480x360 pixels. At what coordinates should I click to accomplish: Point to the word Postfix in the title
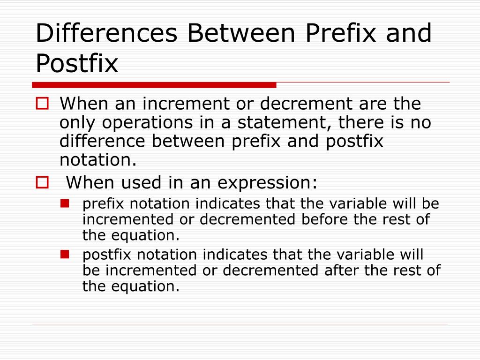[77, 64]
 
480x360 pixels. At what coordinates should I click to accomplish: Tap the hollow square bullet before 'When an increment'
[43, 104]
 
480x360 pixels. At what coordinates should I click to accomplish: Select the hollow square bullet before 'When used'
[43, 182]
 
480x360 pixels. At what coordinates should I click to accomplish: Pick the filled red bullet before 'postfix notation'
[65, 255]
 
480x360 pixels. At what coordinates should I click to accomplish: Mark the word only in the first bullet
[77, 123]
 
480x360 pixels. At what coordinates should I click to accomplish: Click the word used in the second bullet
[147, 182]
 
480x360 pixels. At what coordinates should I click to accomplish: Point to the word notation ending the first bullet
[97, 160]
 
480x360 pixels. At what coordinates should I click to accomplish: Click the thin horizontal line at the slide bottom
[240, 324]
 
